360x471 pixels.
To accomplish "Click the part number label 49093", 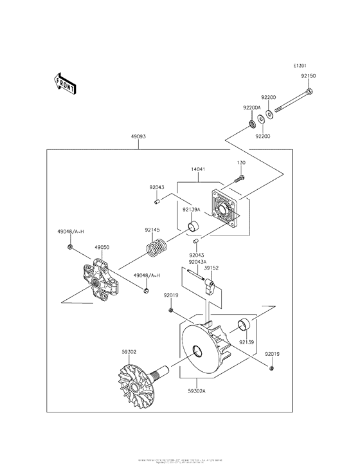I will click(x=139, y=137).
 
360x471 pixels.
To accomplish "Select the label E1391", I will click(x=301, y=66).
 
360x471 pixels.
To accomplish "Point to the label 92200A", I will click(x=251, y=107).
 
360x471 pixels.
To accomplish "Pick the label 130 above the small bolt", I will click(x=242, y=163).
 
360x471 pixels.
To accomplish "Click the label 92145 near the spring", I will click(x=152, y=230).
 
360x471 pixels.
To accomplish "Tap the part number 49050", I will click(x=102, y=246).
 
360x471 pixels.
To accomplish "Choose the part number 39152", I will click(x=212, y=268).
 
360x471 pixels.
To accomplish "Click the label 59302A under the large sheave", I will click(x=197, y=389).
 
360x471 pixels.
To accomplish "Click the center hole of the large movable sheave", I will click(x=195, y=351).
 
